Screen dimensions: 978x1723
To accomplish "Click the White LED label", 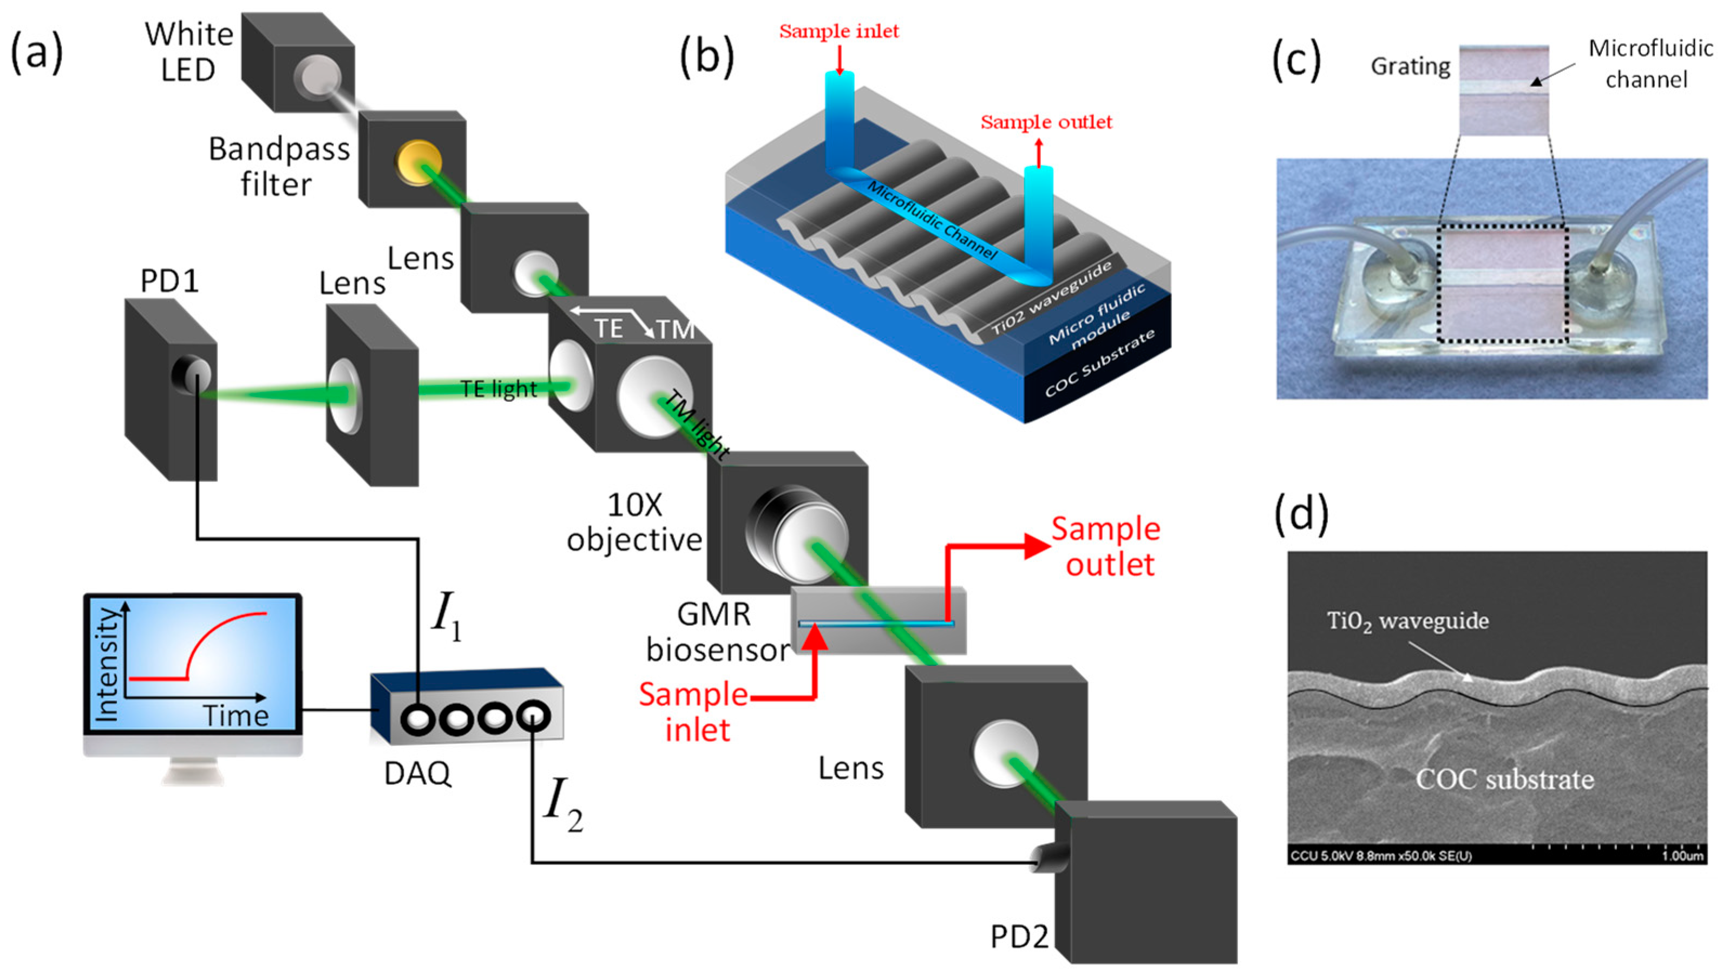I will [x=189, y=52].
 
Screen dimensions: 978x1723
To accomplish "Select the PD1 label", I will [x=169, y=281].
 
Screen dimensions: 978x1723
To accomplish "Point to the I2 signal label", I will [x=562, y=805].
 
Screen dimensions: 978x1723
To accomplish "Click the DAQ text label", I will [x=417, y=774].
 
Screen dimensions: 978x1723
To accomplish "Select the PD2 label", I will [x=1019, y=936].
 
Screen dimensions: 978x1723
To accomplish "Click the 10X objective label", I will [x=634, y=523].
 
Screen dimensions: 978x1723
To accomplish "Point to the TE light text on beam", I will [x=499, y=389].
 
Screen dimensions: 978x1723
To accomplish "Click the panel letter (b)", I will [x=706, y=56].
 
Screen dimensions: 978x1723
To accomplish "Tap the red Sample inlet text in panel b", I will [x=838, y=31].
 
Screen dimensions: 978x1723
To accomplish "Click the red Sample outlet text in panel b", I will [x=1046, y=122].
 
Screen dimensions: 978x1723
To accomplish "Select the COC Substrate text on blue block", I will [x=1099, y=363].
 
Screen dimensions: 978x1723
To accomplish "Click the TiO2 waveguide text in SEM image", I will [x=1407, y=620].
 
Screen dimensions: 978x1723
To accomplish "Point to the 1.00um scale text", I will [x=1682, y=856].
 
